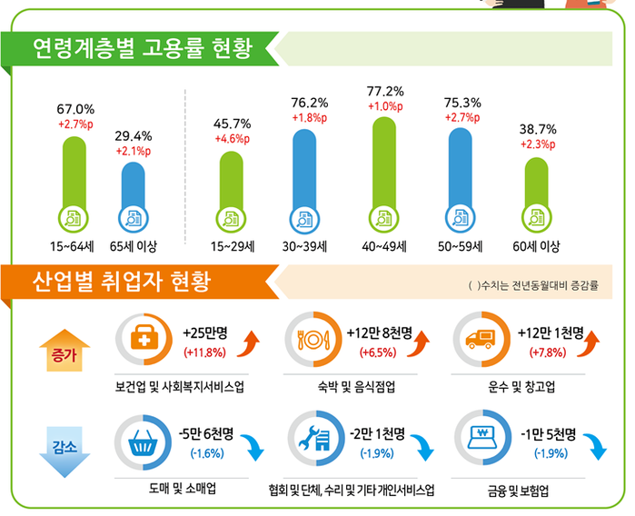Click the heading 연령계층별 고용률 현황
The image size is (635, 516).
140,47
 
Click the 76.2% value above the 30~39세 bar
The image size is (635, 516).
309,102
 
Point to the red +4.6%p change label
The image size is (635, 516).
232,139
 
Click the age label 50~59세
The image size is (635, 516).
462,246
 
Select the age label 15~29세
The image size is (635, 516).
232,246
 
